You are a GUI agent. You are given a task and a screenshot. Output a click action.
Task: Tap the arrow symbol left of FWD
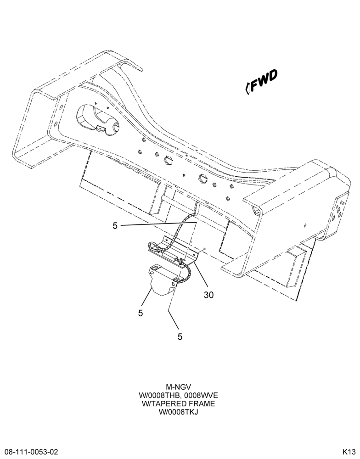[x=247, y=88]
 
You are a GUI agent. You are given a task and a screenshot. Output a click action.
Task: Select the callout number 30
[x=209, y=295]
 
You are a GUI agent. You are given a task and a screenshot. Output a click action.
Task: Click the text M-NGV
[x=178, y=387]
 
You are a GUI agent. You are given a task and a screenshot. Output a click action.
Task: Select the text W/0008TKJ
[x=178, y=412]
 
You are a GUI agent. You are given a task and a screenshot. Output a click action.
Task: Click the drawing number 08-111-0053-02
[x=29, y=451]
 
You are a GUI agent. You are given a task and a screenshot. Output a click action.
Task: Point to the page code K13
[x=349, y=451]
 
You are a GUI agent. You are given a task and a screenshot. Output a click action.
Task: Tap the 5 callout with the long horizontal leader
[x=115, y=226]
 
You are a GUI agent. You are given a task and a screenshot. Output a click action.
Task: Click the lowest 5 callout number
[x=180, y=337]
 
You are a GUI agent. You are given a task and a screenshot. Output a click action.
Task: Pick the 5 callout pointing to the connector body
[x=141, y=313]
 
